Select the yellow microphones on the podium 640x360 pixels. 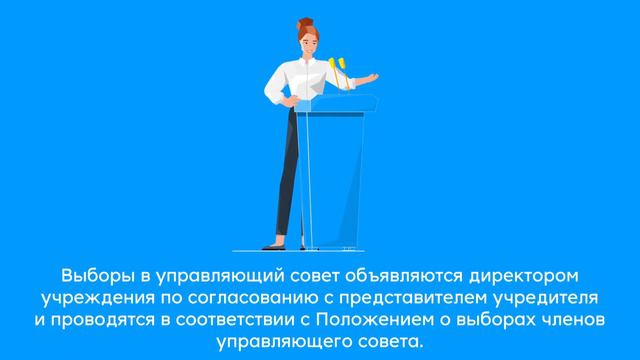338,67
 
